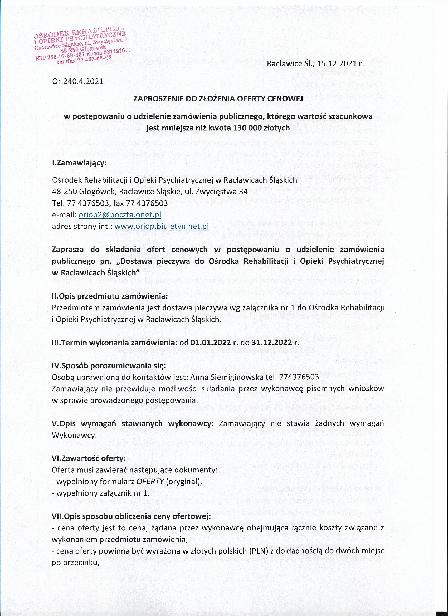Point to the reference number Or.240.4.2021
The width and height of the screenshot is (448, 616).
click(77, 81)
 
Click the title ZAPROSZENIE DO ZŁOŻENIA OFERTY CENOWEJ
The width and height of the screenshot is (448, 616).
click(218, 99)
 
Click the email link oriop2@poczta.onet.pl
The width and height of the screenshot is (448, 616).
click(120, 215)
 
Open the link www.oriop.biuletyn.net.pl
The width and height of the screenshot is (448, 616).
click(161, 226)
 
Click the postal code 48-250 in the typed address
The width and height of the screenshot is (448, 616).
click(64, 192)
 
